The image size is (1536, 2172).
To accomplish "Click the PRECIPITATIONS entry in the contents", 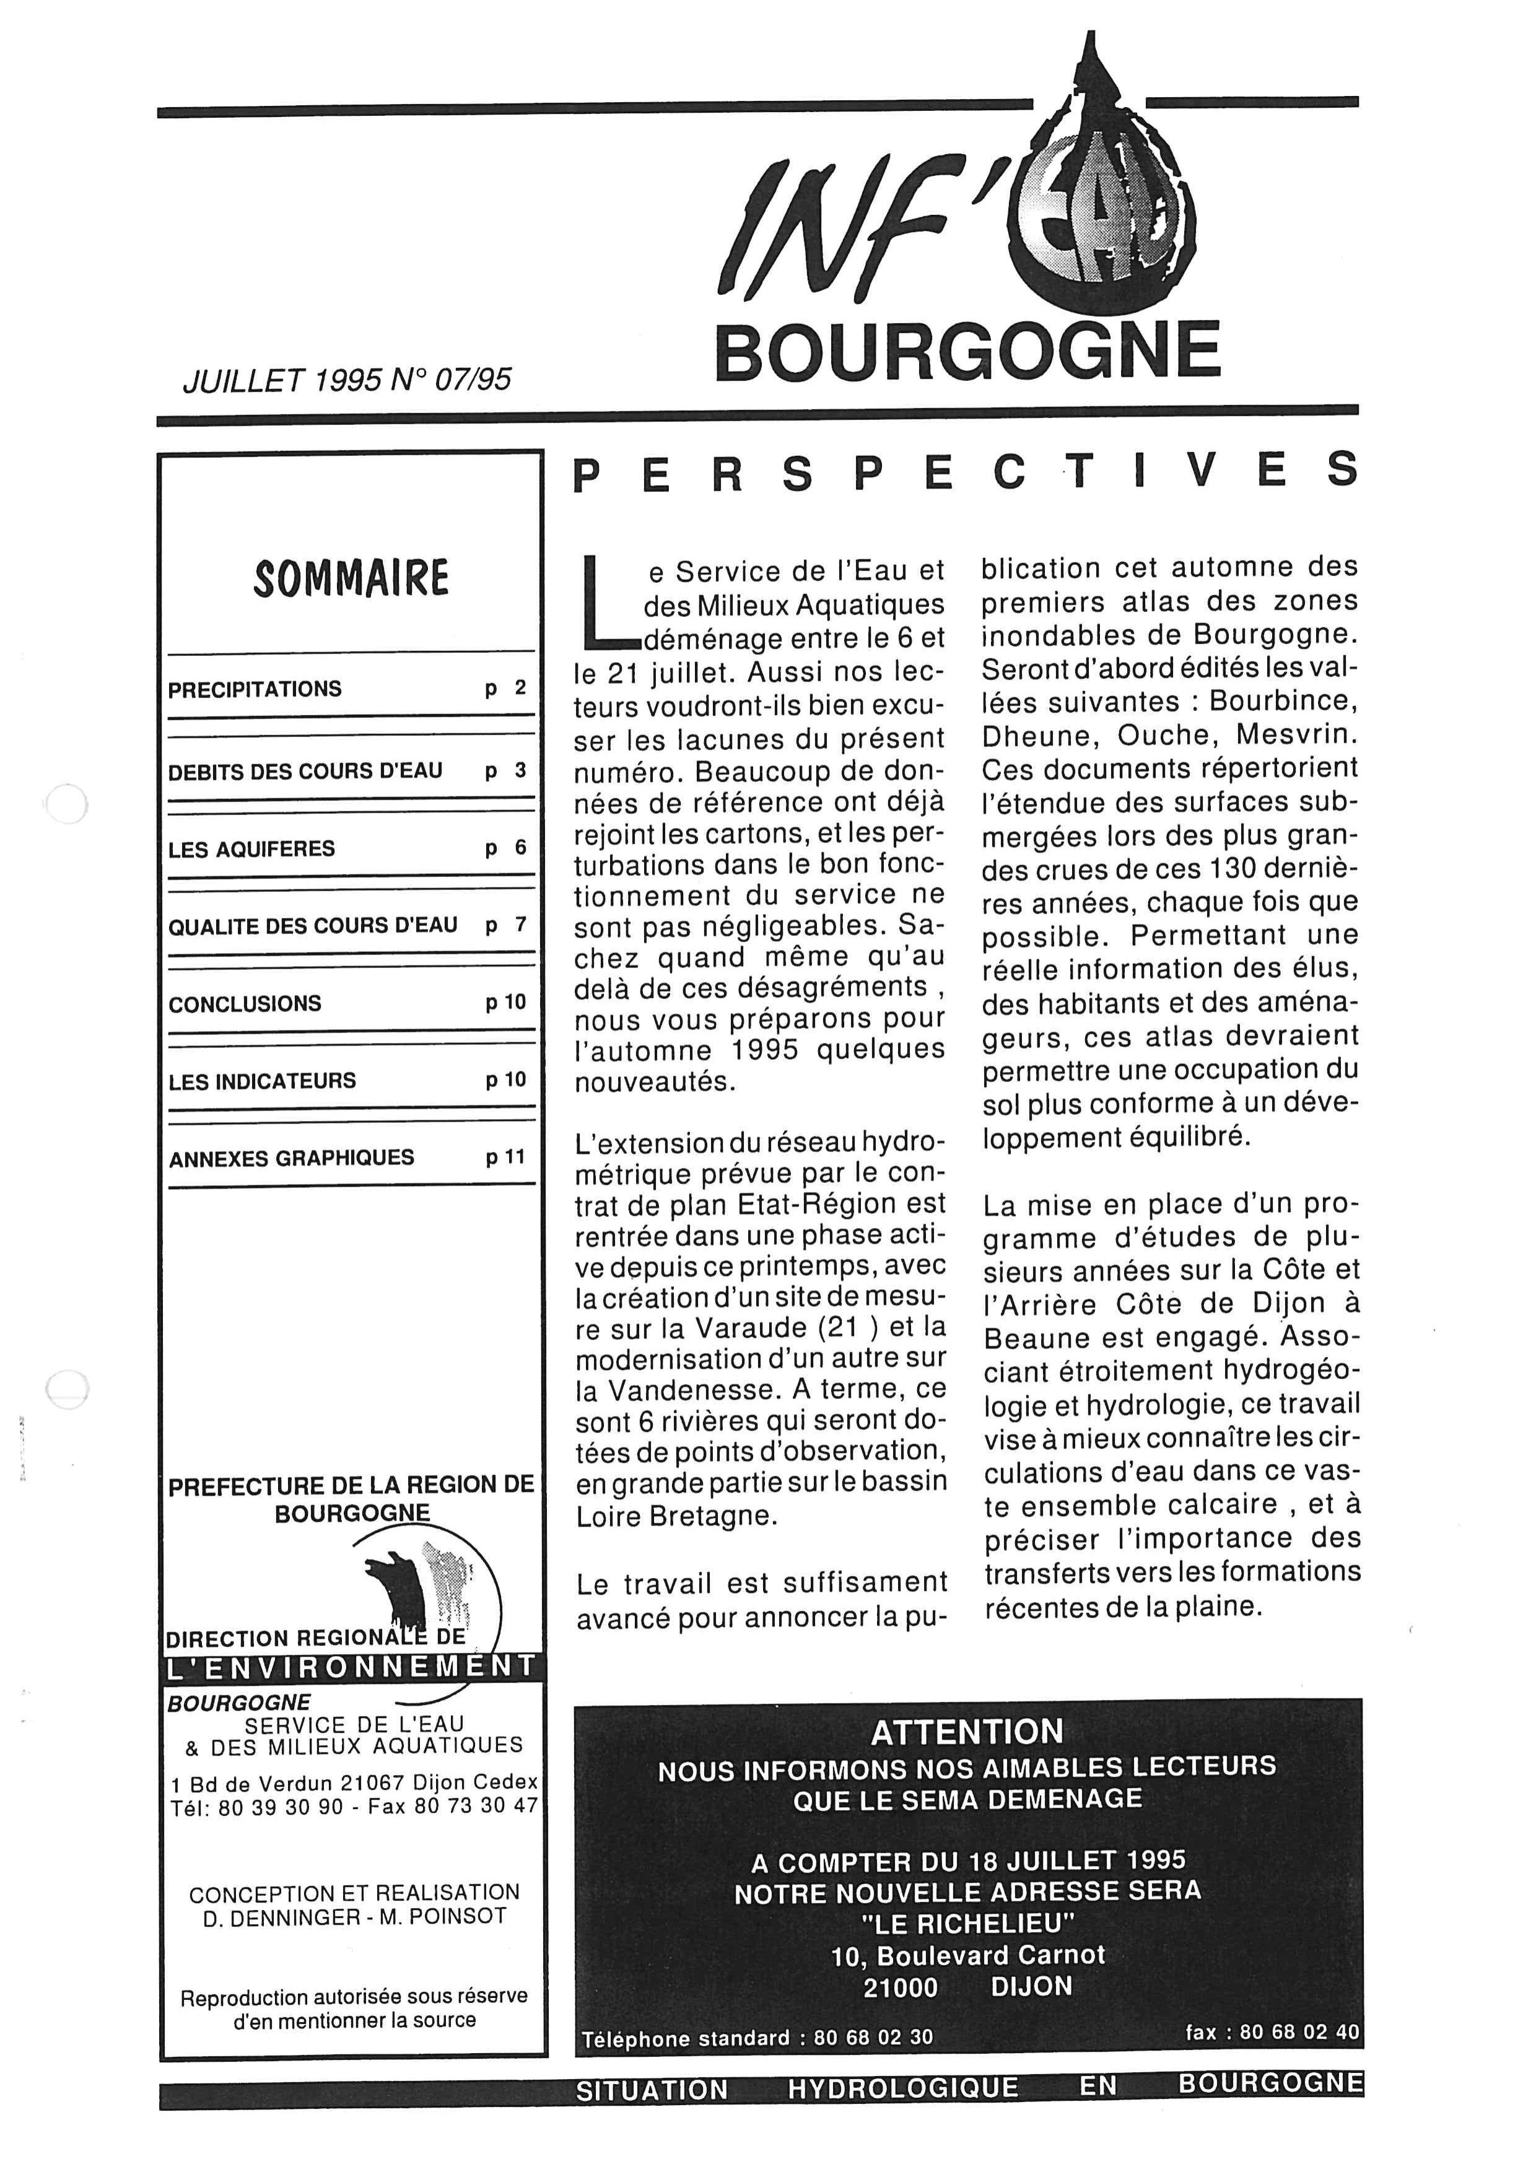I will (255, 689).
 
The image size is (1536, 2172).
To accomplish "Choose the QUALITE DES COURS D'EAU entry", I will (312, 925).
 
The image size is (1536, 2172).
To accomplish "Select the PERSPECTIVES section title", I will (966, 471).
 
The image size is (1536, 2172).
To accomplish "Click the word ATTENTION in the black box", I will (967, 1732).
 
